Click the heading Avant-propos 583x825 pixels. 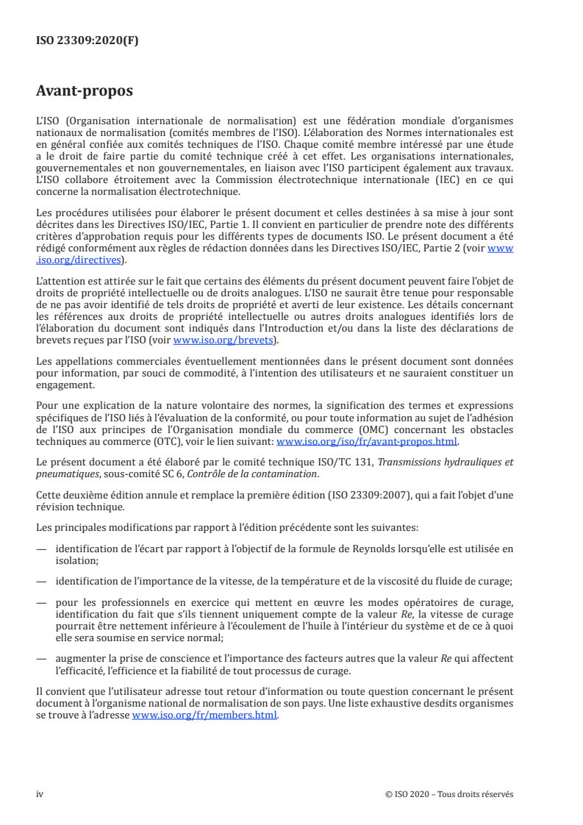85,91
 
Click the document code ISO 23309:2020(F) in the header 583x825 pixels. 87,41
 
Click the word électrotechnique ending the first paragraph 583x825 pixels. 198,192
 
